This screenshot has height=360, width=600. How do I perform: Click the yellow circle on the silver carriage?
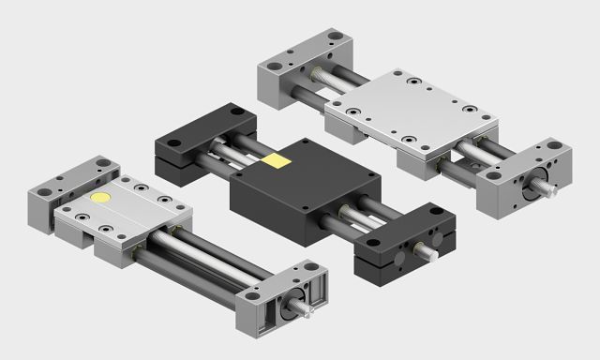click(101, 200)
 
